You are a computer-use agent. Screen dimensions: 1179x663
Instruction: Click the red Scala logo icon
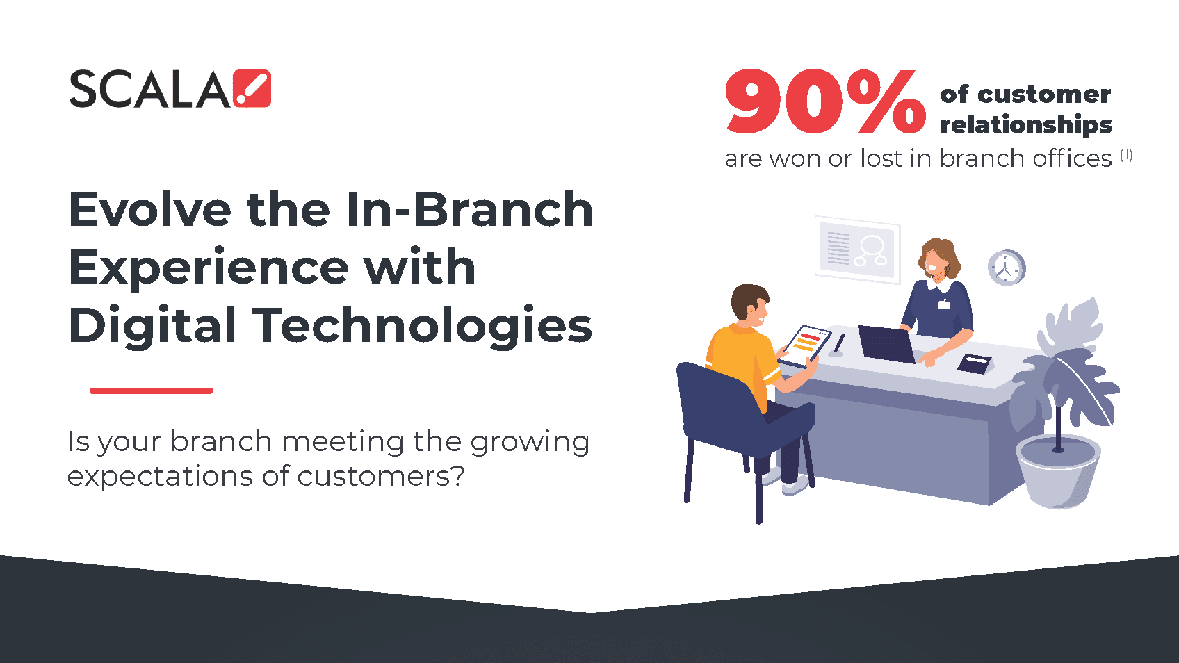(x=252, y=88)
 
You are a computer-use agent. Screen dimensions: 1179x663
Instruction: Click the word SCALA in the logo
(x=150, y=90)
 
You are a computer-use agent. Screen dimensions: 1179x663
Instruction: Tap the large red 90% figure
(x=824, y=101)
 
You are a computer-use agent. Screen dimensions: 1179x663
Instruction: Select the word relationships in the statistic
(x=1026, y=125)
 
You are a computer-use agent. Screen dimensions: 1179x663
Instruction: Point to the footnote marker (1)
(x=1126, y=155)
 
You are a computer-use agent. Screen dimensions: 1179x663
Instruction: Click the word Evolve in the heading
(x=150, y=209)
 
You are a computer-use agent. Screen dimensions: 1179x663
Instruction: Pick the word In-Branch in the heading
(x=469, y=209)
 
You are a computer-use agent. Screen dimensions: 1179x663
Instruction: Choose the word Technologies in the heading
(x=425, y=326)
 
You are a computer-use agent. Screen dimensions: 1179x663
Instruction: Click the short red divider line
(x=151, y=391)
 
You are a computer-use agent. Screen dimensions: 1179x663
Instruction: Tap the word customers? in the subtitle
(x=381, y=476)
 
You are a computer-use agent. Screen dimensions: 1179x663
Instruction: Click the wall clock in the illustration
(x=1007, y=268)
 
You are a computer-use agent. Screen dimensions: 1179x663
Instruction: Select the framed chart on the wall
(x=857, y=250)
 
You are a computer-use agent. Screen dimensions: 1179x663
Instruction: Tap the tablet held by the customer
(x=804, y=346)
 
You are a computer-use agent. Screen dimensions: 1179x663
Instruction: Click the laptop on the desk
(x=888, y=344)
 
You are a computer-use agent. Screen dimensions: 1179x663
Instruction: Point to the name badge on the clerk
(x=944, y=304)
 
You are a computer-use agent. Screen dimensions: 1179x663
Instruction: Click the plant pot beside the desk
(x=1057, y=471)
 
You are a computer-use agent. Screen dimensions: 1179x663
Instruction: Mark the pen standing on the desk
(x=838, y=345)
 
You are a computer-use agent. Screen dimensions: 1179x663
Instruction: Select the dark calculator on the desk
(x=974, y=363)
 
